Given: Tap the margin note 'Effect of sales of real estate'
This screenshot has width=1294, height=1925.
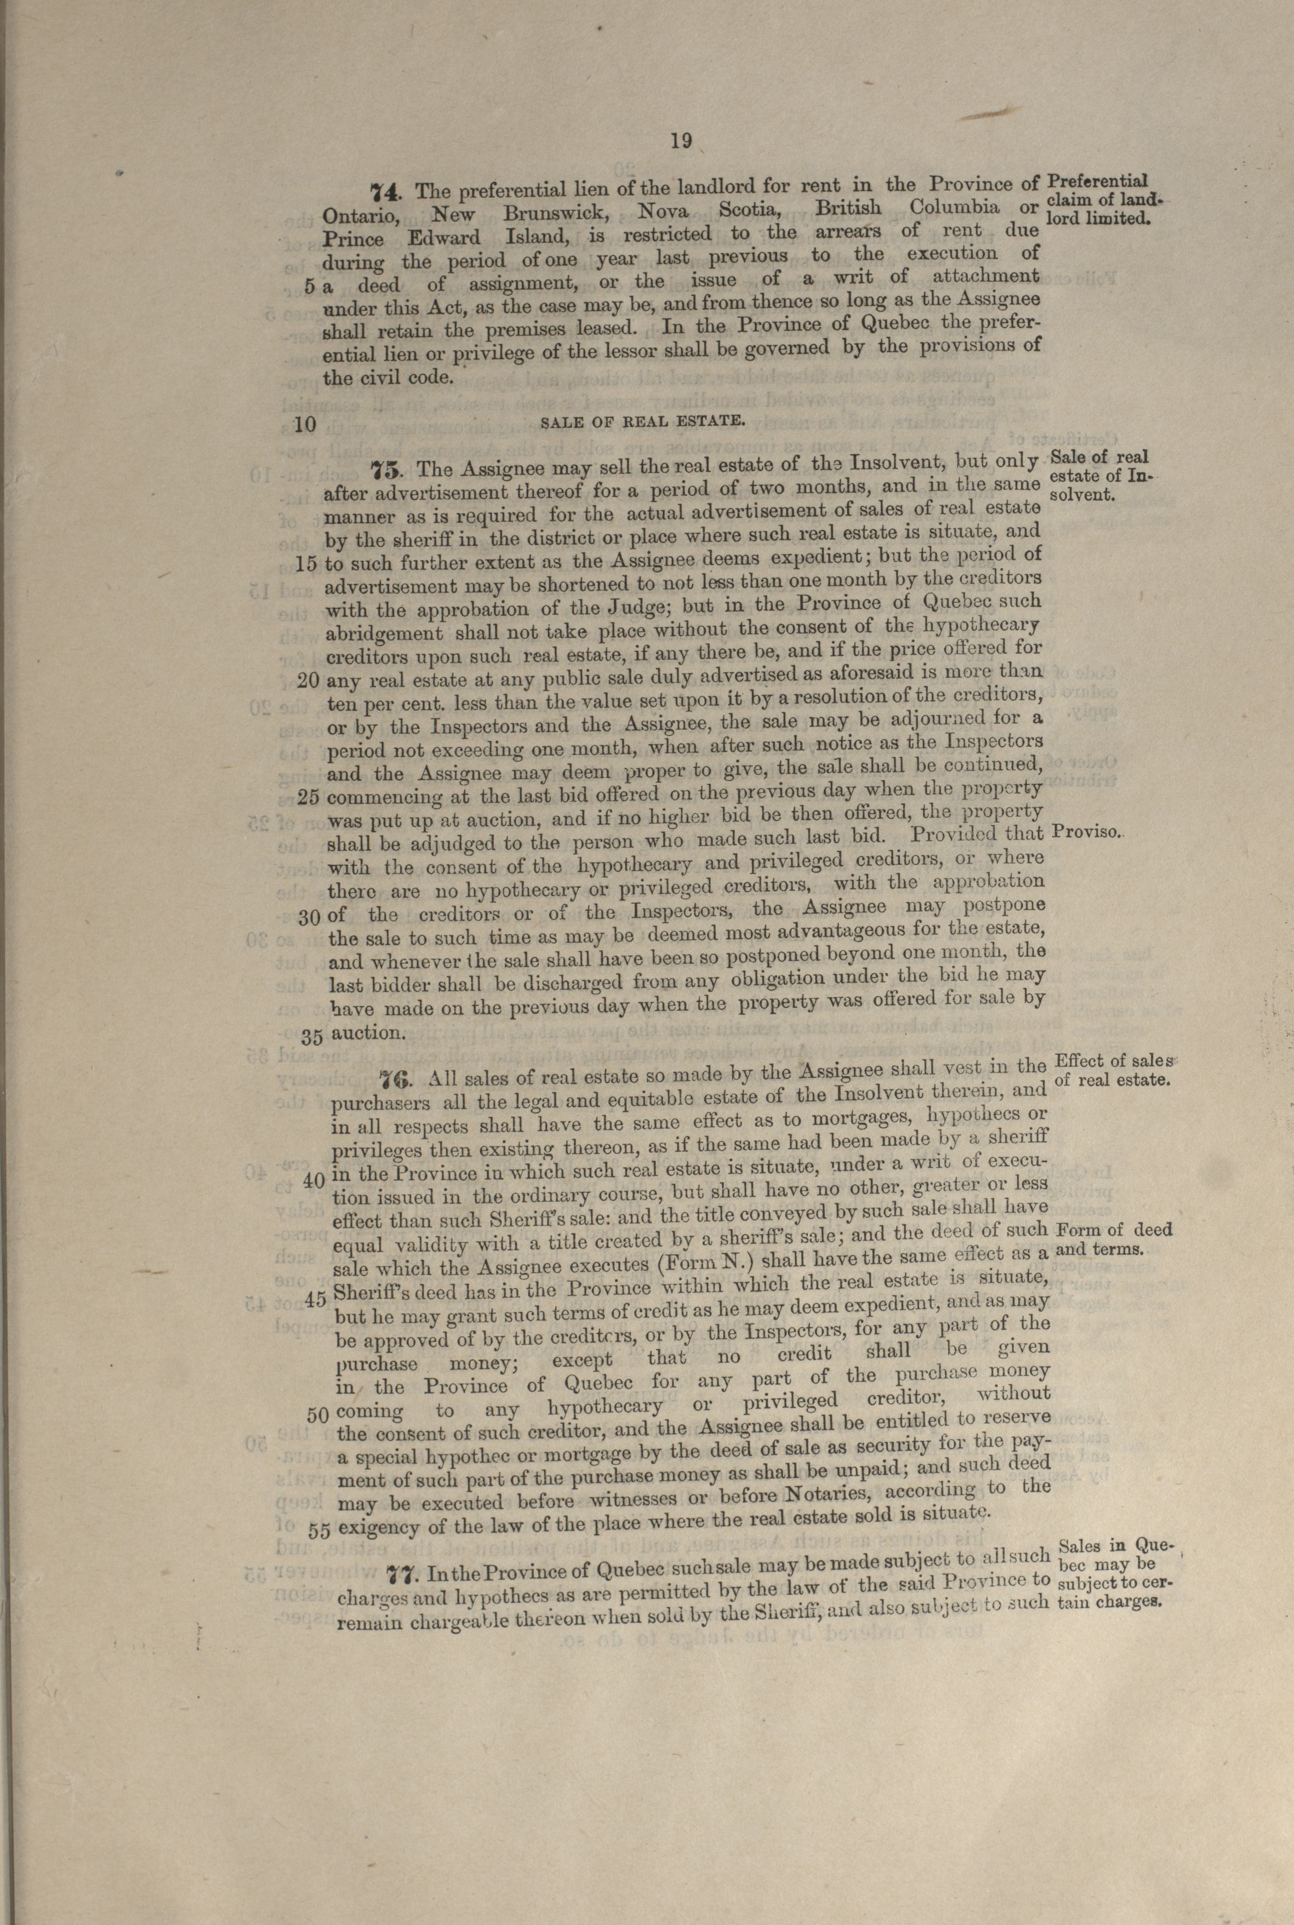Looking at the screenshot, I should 1115,1069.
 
